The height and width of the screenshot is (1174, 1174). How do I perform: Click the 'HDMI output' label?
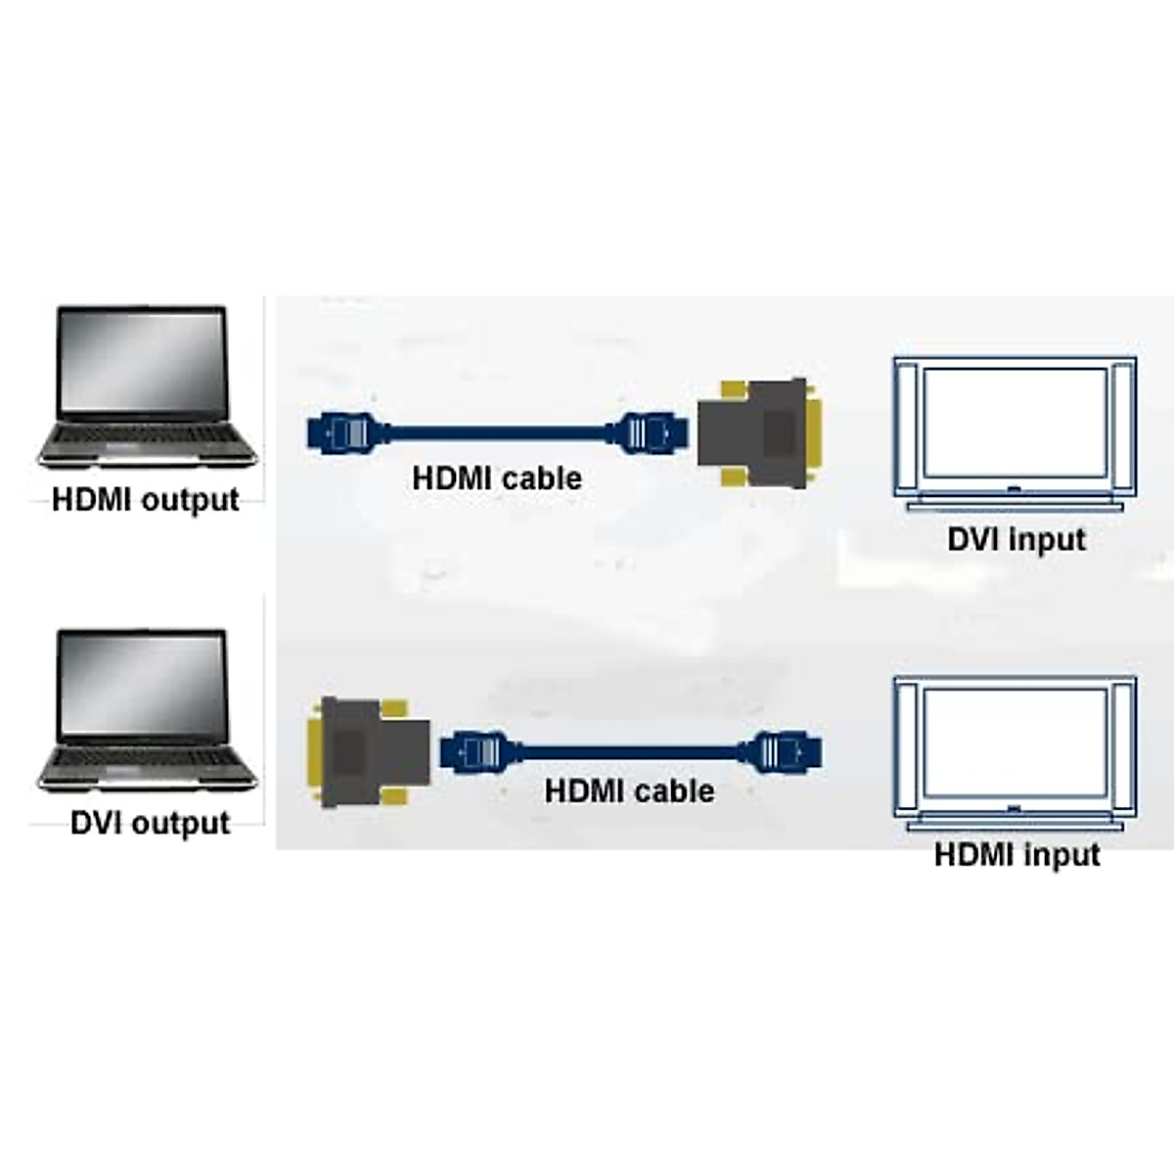(145, 500)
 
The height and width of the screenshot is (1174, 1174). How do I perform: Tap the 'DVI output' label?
(150, 823)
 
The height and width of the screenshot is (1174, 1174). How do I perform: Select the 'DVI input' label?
(1016, 539)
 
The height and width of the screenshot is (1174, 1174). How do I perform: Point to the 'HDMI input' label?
(1016, 855)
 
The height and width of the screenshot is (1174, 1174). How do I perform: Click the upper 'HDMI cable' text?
(497, 478)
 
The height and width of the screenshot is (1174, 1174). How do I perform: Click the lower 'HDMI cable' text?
(629, 790)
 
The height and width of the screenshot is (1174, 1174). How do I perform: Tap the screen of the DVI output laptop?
(143, 682)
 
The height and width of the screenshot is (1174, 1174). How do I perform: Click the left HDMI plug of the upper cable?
(342, 431)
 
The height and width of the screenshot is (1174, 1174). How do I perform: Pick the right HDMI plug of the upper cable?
(650, 431)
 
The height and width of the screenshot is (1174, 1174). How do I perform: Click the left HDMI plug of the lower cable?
(475, 752)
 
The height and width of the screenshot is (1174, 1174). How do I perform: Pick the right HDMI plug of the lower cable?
(787, 752)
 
